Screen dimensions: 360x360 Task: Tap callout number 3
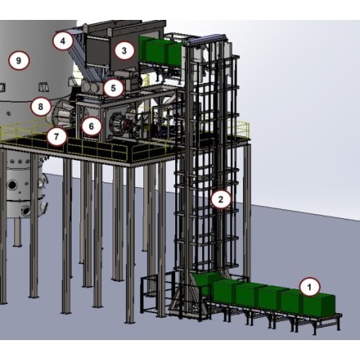point(123,50)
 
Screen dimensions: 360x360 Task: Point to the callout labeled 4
point(65,39)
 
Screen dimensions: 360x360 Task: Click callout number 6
point(92,125)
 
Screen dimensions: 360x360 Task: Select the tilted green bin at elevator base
point(209,284)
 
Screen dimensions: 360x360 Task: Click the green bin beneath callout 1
point(315,304)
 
